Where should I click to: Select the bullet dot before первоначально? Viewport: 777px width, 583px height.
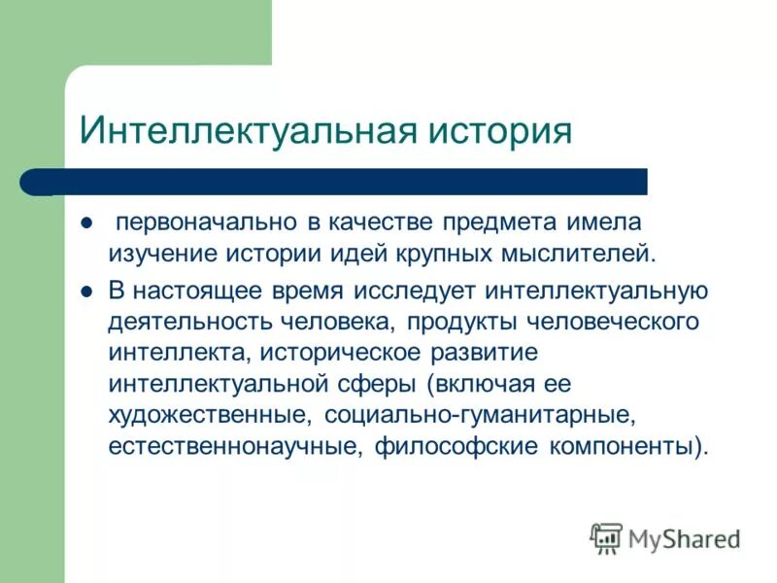click(85, 223)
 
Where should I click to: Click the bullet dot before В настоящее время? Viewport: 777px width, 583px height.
click(85, 290)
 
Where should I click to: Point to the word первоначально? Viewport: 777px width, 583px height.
click(206, 223)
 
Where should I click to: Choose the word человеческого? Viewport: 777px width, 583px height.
click(616, 322)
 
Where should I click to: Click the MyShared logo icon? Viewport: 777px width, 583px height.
click(607, 536)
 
